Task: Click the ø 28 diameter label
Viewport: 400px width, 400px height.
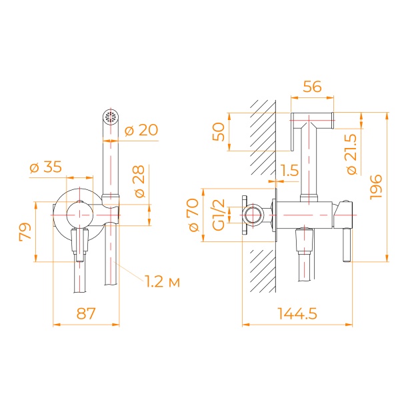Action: [x=140, y=180]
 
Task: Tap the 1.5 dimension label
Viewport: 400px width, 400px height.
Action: [x=290, y=171]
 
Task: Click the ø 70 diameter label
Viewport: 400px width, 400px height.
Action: [x=194, y=215]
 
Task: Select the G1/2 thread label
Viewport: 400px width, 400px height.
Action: [x=217, y=215]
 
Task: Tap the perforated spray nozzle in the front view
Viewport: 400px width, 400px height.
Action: [x=110, y=117]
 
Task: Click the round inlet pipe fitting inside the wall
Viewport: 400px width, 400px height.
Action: [x=252, y=215]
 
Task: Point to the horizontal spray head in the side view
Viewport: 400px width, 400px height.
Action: [x=312, y=121]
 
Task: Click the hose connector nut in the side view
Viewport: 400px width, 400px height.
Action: [x=304, y=241]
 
